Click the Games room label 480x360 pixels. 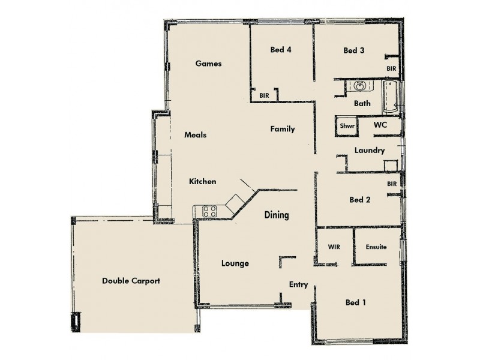point(209,64)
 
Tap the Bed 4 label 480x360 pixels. point(281,50)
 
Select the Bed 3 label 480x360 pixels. point(354,50)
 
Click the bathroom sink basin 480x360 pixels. point(359,86)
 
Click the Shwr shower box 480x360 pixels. point(347,126)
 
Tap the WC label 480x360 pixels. point(380,125)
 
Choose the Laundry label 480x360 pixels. point(369,151)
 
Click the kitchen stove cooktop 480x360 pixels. point(210,211)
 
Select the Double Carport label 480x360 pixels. point(131,281)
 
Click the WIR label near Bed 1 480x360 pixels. point(334,247)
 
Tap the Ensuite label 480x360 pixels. point(376,247)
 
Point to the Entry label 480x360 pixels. point(298,285)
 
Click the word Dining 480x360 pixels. point(277,215)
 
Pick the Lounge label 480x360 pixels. point(235,263)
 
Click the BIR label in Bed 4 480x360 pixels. point(264,95)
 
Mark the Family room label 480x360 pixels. point(282,129)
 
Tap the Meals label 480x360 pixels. point(196,135)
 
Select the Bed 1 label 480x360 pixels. point(356,302)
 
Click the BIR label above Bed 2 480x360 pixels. point(392,184)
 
